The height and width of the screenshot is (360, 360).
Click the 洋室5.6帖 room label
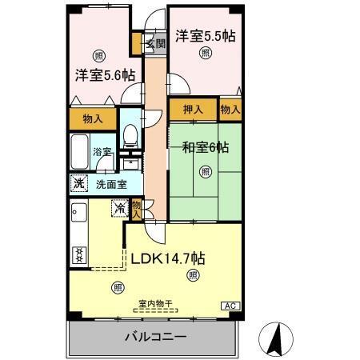tap(105, 75)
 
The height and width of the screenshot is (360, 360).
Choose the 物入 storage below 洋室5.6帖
tap(93, 118)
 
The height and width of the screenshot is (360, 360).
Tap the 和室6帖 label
tap(205, 146)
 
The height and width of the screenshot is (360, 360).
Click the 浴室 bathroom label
tap(102, 150)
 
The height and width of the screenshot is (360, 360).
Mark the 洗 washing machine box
tap(78, 182)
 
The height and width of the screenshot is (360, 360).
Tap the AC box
tap(228, 306)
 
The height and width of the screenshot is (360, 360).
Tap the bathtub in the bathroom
tap(79, 150)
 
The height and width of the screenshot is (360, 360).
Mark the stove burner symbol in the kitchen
tap(79, 254)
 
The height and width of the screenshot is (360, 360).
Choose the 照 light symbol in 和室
tap(206, 170)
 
